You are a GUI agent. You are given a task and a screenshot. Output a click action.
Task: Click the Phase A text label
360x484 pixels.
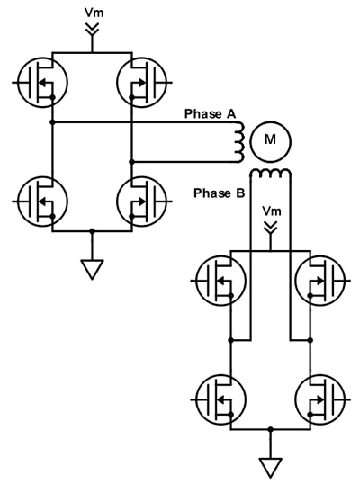pos(210,113)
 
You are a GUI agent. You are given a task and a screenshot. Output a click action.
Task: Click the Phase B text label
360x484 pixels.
pos(220,193)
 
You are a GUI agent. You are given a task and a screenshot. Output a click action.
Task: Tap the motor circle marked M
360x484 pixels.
pos(269,139)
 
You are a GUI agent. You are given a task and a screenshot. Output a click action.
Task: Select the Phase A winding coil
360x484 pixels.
pos(239,140)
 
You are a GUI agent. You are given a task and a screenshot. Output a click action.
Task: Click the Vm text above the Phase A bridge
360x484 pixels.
pos(92,13)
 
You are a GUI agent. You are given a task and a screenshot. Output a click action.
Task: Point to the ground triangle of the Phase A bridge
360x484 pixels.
pos(92,268)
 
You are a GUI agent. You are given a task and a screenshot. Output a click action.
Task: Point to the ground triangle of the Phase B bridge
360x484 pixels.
pos(270,467)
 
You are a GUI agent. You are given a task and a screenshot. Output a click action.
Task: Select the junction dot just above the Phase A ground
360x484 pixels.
pos(92,231)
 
